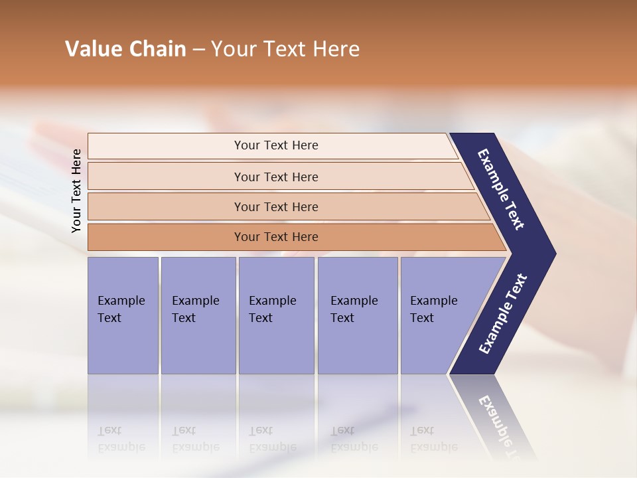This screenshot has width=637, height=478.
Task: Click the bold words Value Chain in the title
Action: (125, 49)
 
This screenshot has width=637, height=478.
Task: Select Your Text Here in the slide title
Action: (285, 49)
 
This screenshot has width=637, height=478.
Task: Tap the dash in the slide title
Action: (198, 50)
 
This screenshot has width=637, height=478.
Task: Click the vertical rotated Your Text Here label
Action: (76, 191)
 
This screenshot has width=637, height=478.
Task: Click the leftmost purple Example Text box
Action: (123, 315)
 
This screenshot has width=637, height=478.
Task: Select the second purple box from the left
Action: (198, 315)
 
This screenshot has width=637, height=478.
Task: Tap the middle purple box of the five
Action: (276, 315)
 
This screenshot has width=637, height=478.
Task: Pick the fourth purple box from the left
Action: (357, 315)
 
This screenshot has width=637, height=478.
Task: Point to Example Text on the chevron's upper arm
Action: (501, 189)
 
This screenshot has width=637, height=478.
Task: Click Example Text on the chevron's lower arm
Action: (503, 313)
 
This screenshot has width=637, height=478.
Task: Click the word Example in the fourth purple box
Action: (354, 301)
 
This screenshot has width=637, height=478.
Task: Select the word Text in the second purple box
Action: (184, 318)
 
